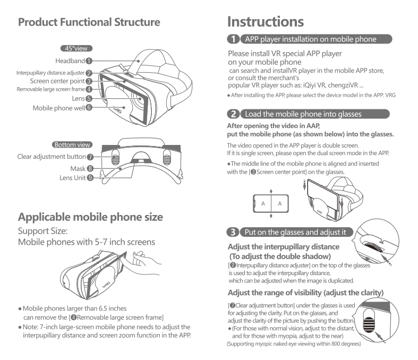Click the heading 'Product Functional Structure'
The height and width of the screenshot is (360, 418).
pos(89,22)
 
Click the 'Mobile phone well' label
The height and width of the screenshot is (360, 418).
pos(59,107)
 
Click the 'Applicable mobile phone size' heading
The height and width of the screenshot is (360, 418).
pos(90,218)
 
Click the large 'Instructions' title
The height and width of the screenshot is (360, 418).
pos(265,22)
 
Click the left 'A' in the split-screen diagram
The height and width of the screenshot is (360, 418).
pos(262,203)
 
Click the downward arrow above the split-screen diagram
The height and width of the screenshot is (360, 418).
pos(271,190)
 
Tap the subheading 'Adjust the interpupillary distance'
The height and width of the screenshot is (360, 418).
pos(283,247)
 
